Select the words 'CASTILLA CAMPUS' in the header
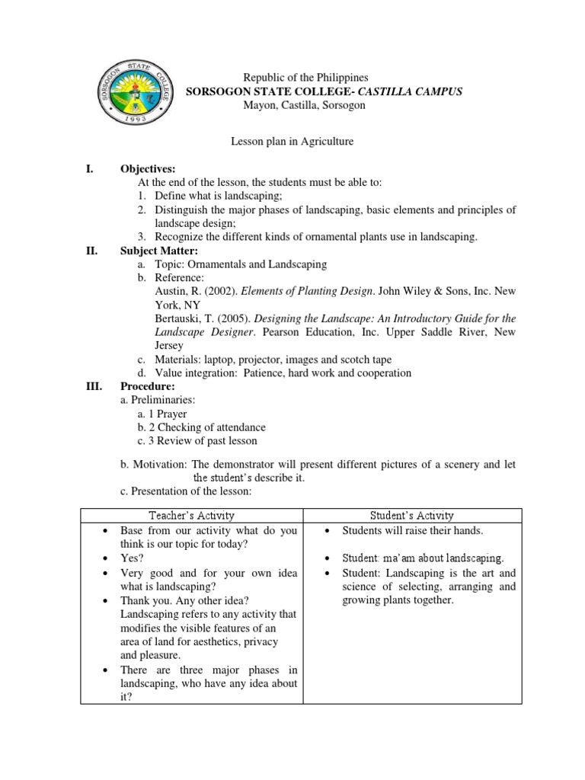pos(415,91)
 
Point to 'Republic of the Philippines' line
pos(305,78)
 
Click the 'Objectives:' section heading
pos(148,169)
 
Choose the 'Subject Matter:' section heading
pos(158,251)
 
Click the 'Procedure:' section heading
pos(148,387)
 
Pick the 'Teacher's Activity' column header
pos(191,516)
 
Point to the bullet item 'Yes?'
pos(131,558)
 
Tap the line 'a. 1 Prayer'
pos(162,414)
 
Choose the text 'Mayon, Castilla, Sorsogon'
pos(304,105)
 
